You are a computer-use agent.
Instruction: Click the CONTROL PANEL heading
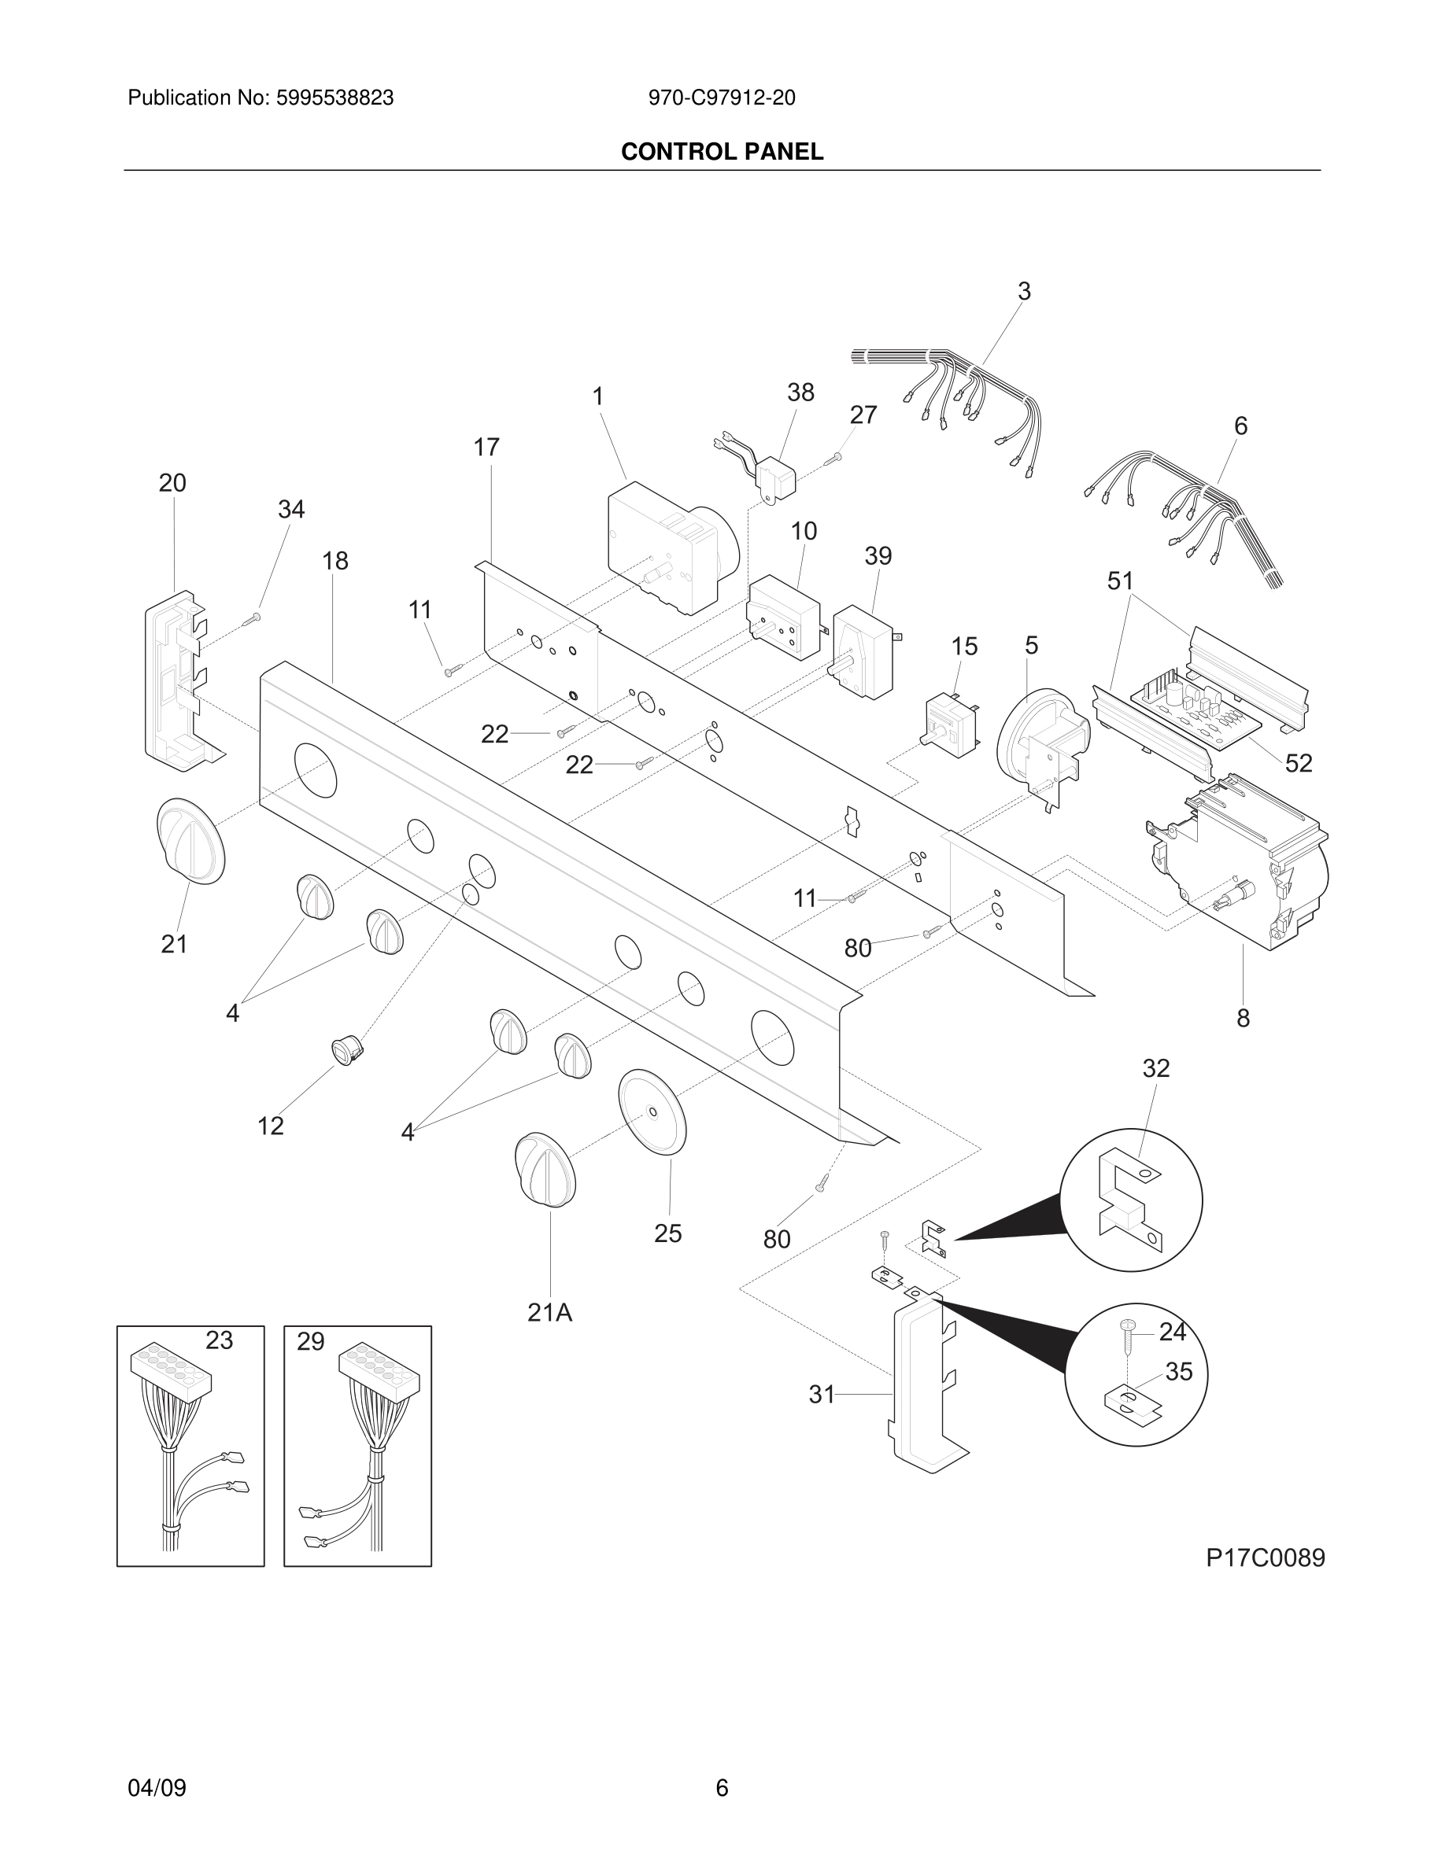tap(722, 152)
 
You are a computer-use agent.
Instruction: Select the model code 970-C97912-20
tap(722, 98)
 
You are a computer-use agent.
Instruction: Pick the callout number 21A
tap(549, 1312)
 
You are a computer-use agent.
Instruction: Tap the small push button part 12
tap(346, 1049)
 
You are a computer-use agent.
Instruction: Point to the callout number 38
tap(800, 392)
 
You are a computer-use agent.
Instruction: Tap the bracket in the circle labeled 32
tap(1126, 1198)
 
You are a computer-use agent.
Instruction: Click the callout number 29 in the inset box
tap(311, 1341)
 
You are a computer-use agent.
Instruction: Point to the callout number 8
tap(1243, 1018)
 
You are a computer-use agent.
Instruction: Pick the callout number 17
tap(486, 447)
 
